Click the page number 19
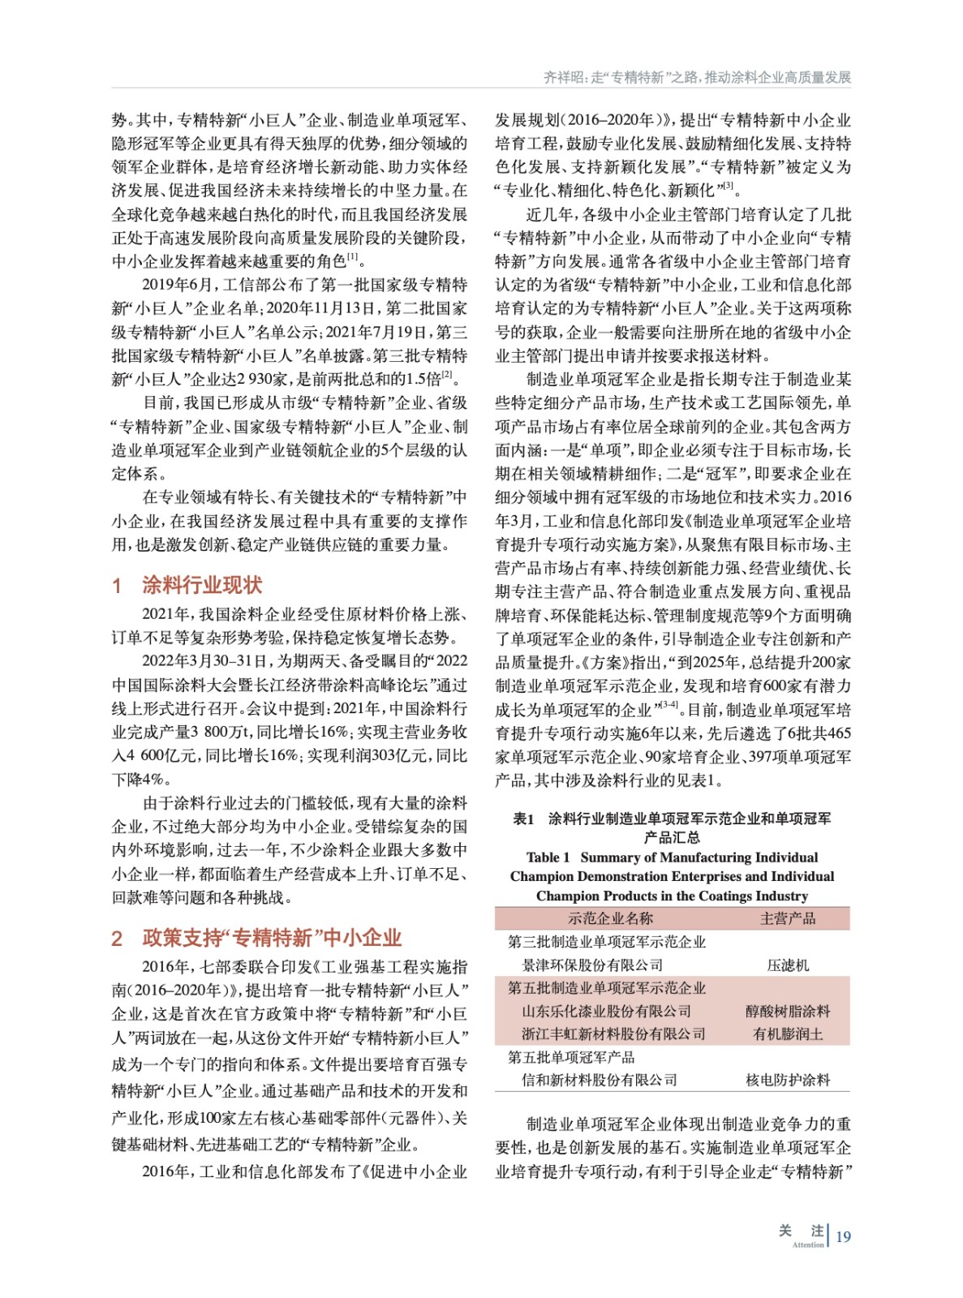pyautogui.click(x=843, y=1236)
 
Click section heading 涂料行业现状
pyautogui.click(x=201, y=586)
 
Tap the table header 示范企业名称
pyautogui.click(x=610, y=918)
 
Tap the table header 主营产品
pyautogui.click(x=787, y=918)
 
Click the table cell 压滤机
pyautogui.click(x=787, y=965)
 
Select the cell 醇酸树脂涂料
pyautogui.click(x=787, y=1011)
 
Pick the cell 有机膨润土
pyautogui.click(x=787, y=1034)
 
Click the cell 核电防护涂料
pyautogui.click(x=787, y=1080)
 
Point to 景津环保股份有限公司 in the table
pyautogui.click(x=592, y=965)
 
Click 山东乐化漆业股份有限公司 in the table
pyautogui.click(x=606, y=1011)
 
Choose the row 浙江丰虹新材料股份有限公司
pyautogui.click(x=613, y=1034)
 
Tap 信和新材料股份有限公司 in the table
pyautogui.click(x=600, y=1080)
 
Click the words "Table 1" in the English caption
pyautogui.click(x=548, y=857)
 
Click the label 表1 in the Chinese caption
pyautogui.click(x=523, y=819)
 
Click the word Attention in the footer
pyautogui.click(x=807, y=1244)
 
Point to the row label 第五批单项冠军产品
pyautogui.click(x=571, y=1057)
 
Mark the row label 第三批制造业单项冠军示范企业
pyautogui.click(x=606, y=942)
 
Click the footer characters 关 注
pyautogui.click(x=801, y=1231)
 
